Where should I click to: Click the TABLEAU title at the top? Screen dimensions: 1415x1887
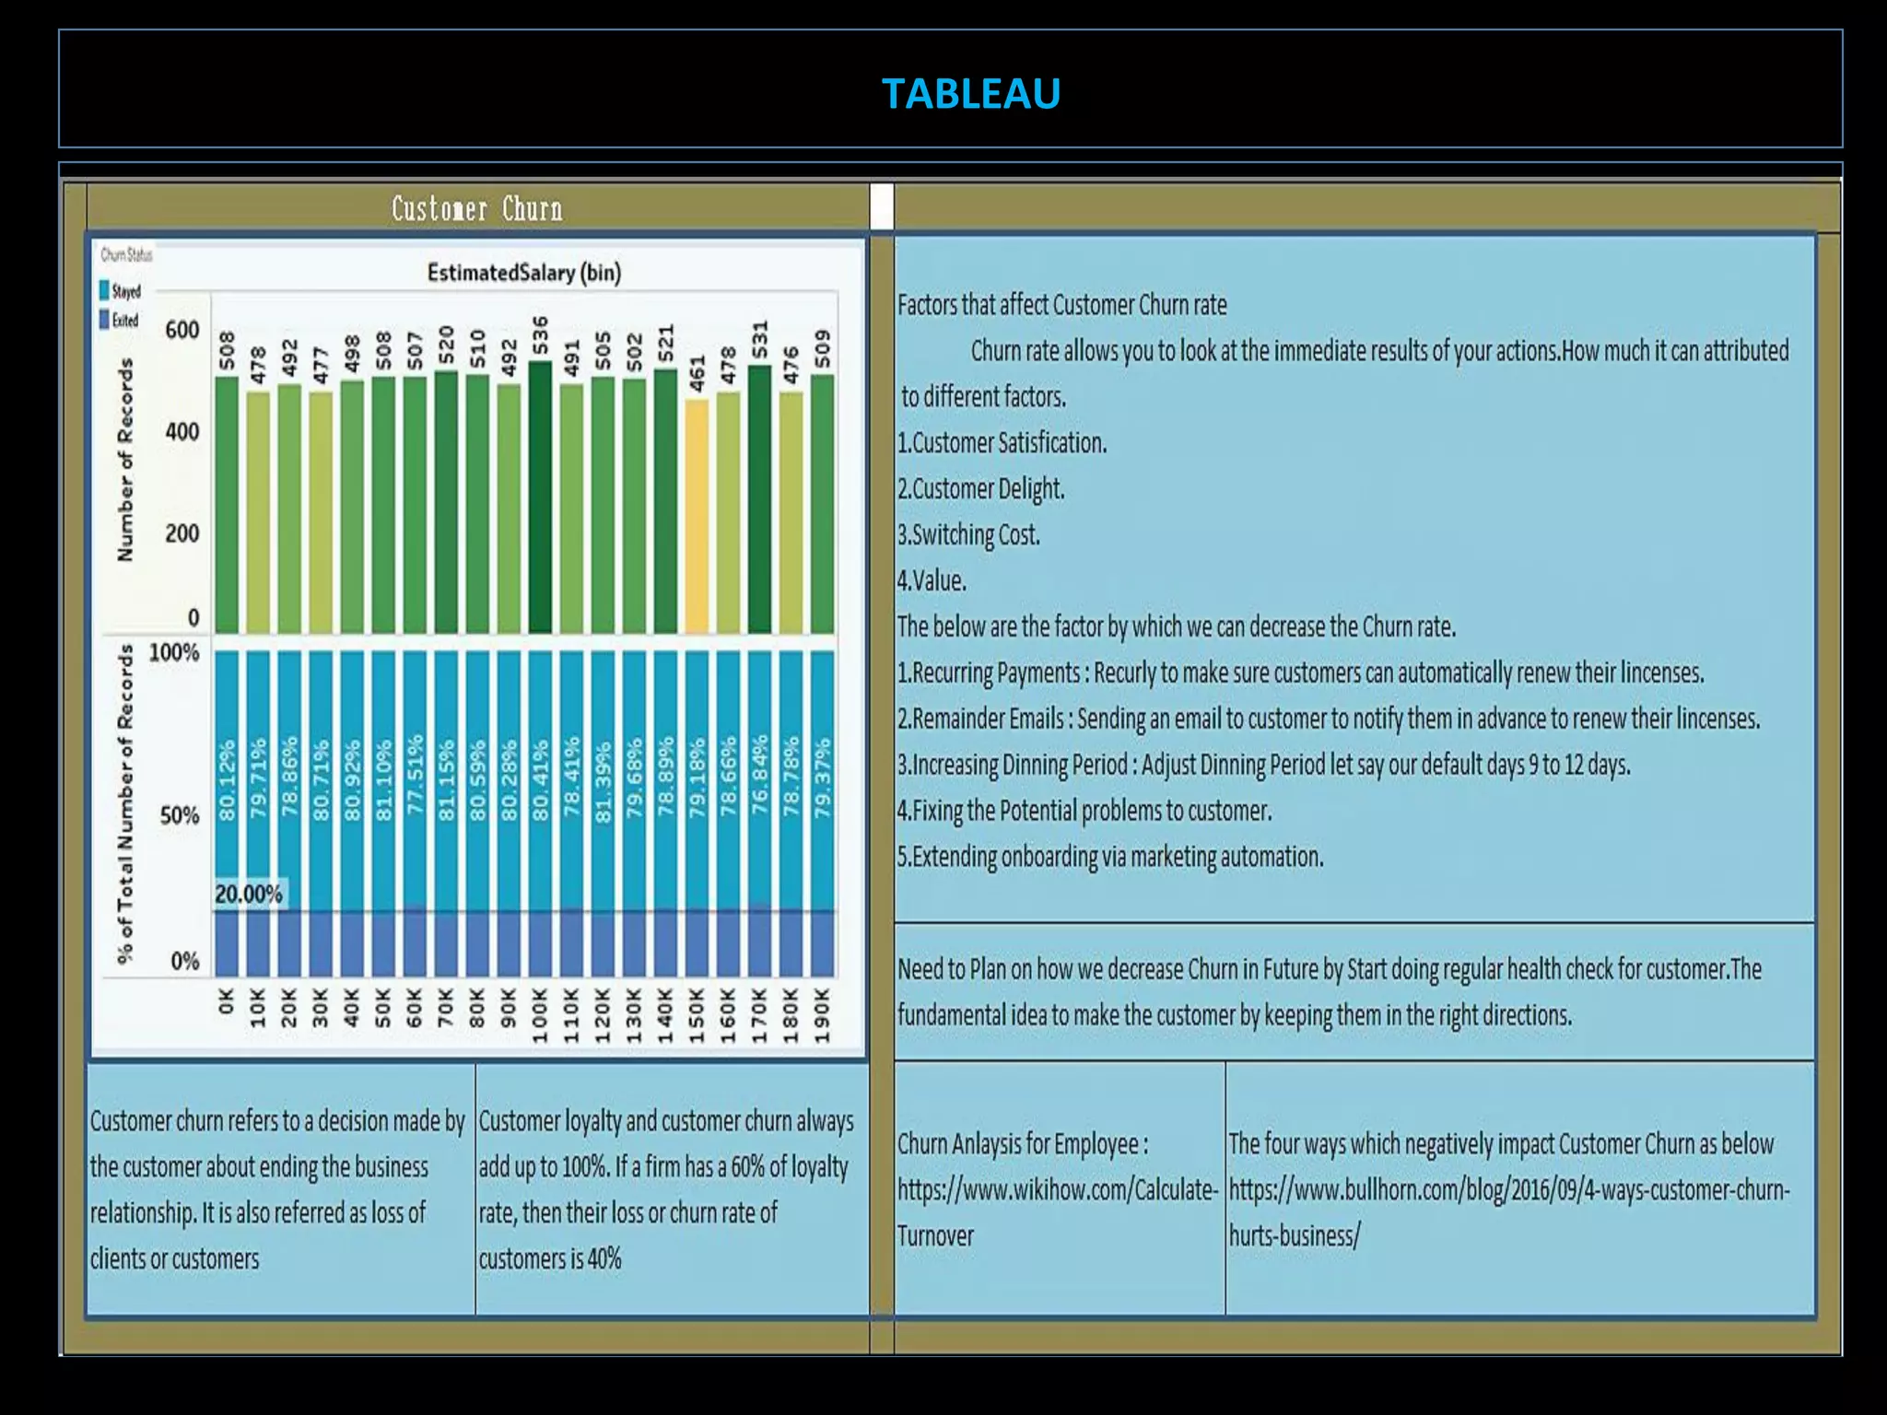pyautogui.click(x=970, y=93)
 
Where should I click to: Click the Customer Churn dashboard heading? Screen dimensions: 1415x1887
pyautogui.click(x=476, y=209)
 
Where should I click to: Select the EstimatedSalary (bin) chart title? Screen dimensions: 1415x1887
pyautogui.click(x=523, y=273)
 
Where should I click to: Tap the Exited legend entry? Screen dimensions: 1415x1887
pyautogui.click(x=120, y=321)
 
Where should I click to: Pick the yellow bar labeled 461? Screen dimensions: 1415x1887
pyautogui.click(x=697, y=516)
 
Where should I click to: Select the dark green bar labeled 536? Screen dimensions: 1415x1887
pyautogui.click(x=540, y=497)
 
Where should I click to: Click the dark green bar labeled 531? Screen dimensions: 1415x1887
pyautogui.click(x=759, y=499)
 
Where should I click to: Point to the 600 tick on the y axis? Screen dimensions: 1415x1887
pyautogui.click(x=182, y=330)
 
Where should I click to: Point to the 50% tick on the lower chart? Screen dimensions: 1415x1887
pyautogui.click(x=179, y=816)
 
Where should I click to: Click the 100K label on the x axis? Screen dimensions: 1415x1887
pyautogui.click(x=540, y=1015)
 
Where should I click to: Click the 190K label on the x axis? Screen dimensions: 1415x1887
pyautogui.click(x=823, y=1015)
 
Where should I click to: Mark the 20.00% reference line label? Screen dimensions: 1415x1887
pyautogui.click(x=249, y=895)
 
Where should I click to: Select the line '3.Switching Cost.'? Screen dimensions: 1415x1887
pyautogui.click(x=968, y=535)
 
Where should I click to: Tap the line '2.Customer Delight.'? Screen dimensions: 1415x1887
pyautogui.click(x=980, y=489)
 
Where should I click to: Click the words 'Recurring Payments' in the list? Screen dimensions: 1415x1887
pyautogui.click(x=996, y=673)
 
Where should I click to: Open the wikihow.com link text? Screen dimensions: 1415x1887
pyautogui.click(x=1058, y=1190)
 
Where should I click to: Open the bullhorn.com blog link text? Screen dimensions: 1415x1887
pyautogui.click(x=1508, y=1190)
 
